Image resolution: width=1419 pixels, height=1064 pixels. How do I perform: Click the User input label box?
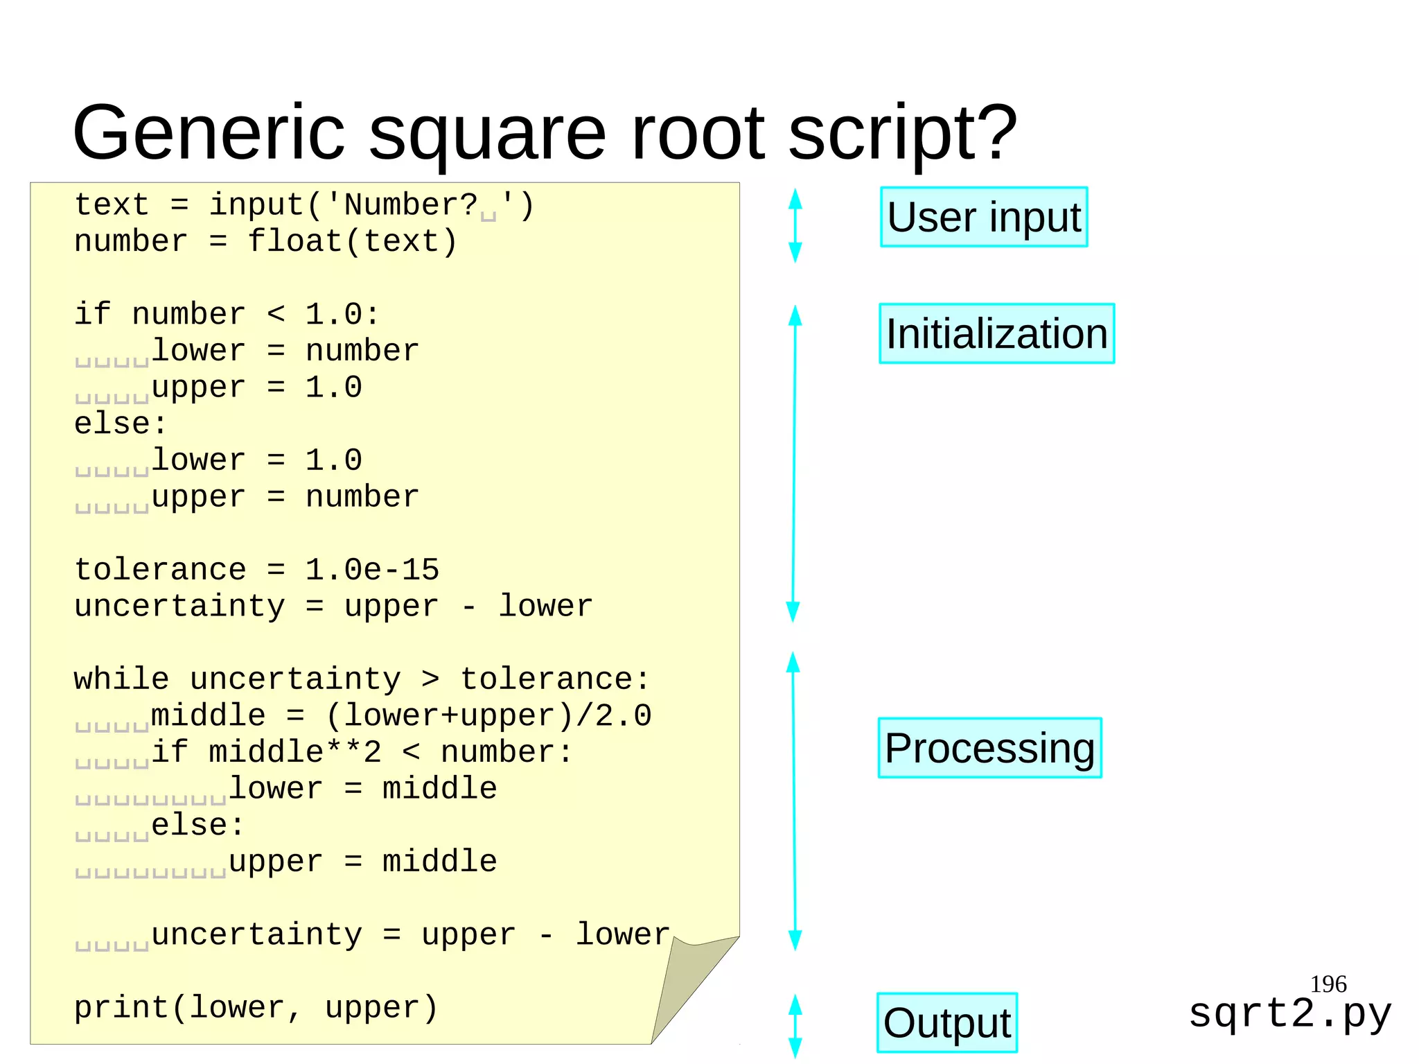983,217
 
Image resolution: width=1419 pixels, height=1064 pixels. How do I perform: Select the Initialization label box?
996,333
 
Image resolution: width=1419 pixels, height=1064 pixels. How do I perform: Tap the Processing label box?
989,748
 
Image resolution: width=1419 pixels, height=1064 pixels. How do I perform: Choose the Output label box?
946,1022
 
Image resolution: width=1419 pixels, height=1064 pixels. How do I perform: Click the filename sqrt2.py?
1289,1013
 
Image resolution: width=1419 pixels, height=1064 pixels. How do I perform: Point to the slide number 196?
1328,984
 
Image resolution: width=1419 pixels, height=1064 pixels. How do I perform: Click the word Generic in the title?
208,132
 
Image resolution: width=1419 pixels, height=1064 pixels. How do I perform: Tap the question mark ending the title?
994,132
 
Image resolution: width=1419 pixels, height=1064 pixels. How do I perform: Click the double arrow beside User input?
795,225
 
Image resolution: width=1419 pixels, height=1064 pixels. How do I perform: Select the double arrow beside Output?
795,1025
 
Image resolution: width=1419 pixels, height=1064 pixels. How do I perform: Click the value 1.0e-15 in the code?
372,570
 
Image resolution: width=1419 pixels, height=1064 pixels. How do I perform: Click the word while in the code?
121,679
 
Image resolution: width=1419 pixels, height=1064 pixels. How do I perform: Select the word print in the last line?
121,1008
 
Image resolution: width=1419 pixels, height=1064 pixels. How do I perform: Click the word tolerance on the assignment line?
160,570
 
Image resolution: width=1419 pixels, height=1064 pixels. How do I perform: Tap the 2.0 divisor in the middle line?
623,715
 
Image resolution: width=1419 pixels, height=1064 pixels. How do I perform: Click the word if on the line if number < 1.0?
92,314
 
